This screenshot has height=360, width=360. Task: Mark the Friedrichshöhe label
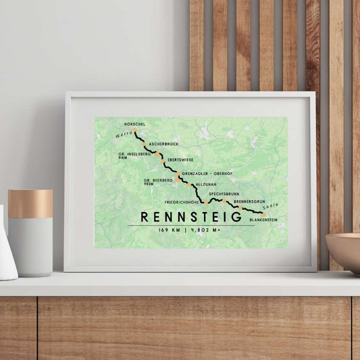pos(183,202)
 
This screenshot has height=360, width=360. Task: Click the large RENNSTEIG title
pos(191,217)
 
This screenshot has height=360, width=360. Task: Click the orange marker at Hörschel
pos(135,130)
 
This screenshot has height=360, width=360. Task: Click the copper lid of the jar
pos(30,203)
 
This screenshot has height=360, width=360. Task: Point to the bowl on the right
pos(344,252)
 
